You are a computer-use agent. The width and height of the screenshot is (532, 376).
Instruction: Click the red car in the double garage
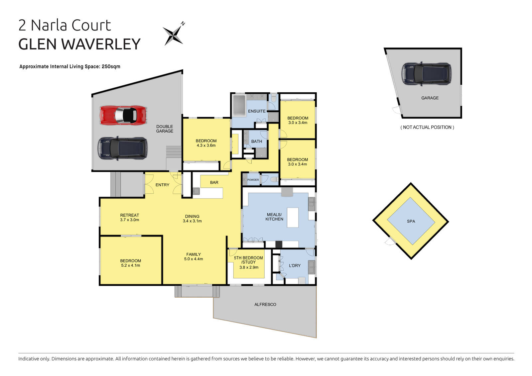123,115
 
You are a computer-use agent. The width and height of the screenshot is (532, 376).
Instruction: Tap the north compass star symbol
173,35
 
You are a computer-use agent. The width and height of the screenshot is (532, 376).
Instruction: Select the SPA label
411,221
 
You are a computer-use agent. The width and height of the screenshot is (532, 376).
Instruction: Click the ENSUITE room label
257,111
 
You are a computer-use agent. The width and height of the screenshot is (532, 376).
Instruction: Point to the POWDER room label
253,180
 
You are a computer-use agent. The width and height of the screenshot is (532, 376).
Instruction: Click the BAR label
214,182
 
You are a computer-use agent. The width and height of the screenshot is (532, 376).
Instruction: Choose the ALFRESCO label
265,304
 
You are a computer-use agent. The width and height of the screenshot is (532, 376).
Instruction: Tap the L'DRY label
295,265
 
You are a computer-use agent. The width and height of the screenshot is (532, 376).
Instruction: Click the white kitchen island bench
293,217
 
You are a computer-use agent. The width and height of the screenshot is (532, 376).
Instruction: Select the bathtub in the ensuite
238,106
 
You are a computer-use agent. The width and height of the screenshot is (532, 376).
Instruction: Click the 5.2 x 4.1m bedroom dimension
131,265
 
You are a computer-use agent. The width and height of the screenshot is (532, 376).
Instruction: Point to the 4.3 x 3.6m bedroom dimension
206,145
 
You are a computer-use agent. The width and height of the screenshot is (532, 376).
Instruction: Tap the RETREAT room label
130,215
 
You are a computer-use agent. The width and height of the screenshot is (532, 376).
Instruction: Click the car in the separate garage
427,73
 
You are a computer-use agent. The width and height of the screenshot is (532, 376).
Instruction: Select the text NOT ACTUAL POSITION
427,127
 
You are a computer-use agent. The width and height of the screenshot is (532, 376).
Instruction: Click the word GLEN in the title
38,44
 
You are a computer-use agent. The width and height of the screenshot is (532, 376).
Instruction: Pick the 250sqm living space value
111,66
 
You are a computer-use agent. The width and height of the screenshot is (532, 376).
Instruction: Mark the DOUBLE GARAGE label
165,129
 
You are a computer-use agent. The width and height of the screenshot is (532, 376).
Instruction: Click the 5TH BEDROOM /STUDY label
248,260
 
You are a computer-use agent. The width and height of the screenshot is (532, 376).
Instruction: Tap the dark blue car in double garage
122,148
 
